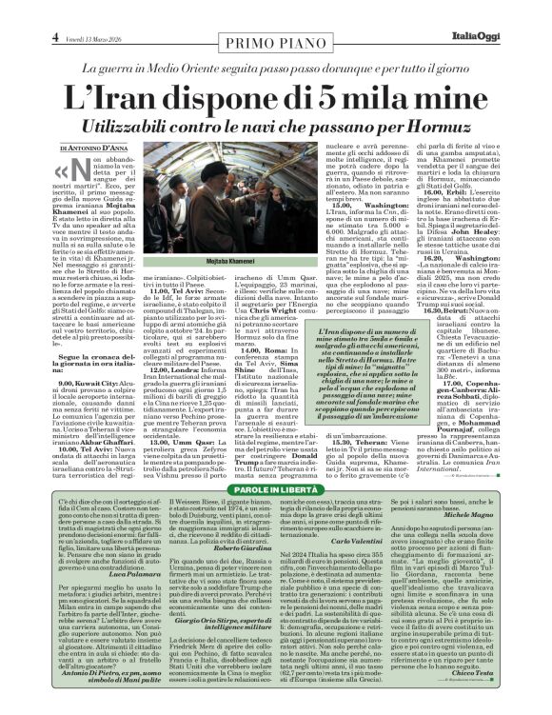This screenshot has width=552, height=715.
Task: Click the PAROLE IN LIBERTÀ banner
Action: point(276,462)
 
